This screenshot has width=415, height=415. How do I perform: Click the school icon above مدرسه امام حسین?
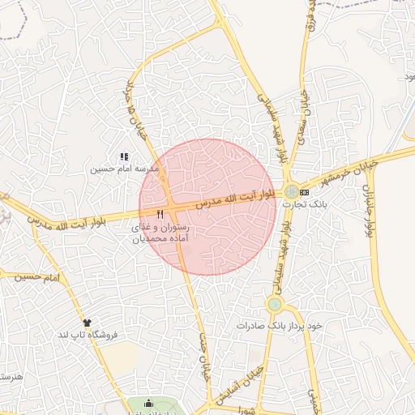coord(124,156)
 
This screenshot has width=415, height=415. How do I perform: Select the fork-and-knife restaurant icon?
coord(160,215)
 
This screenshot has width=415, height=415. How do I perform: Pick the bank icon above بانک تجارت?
coord(304,192)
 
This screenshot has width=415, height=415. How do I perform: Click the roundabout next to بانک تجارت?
coord(290,192)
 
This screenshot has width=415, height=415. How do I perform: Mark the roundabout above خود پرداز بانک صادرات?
coord(275,305)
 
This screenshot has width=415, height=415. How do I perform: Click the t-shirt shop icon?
coord(87,322)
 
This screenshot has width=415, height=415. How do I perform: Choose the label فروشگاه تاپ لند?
coord(87,334)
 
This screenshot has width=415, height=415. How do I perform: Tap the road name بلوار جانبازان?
coord(367,207)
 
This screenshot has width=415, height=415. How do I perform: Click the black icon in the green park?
coord(148,403)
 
